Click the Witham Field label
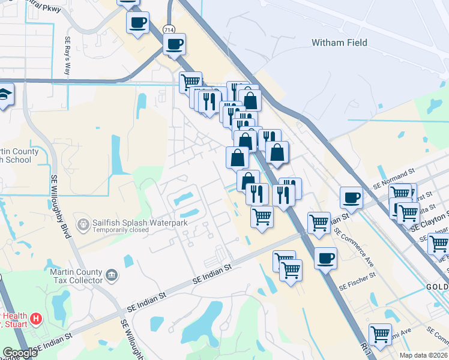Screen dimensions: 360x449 click(x=339, y=43)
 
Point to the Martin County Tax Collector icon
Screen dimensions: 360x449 click(x=112, y=276)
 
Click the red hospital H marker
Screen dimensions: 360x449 click(x=37, y=319)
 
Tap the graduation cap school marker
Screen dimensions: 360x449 click(x=5, y=94)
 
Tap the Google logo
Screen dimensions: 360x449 click(x=19, y=353)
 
